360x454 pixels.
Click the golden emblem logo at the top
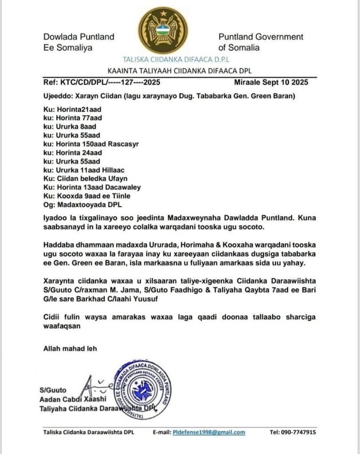click(x=163, y=30)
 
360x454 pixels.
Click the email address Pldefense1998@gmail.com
click(x=209, y=432)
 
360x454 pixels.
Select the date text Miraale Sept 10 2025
click(x=276, y=82)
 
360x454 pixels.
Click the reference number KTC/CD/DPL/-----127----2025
click(x=102, y=82)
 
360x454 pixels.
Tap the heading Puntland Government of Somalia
click(x=261, y=42)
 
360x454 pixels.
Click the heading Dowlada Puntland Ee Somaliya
click(x=78, y=42)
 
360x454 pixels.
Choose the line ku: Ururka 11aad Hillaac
click(x=84, y=170)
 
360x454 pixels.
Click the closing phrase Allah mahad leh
click(x=70, y=348)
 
